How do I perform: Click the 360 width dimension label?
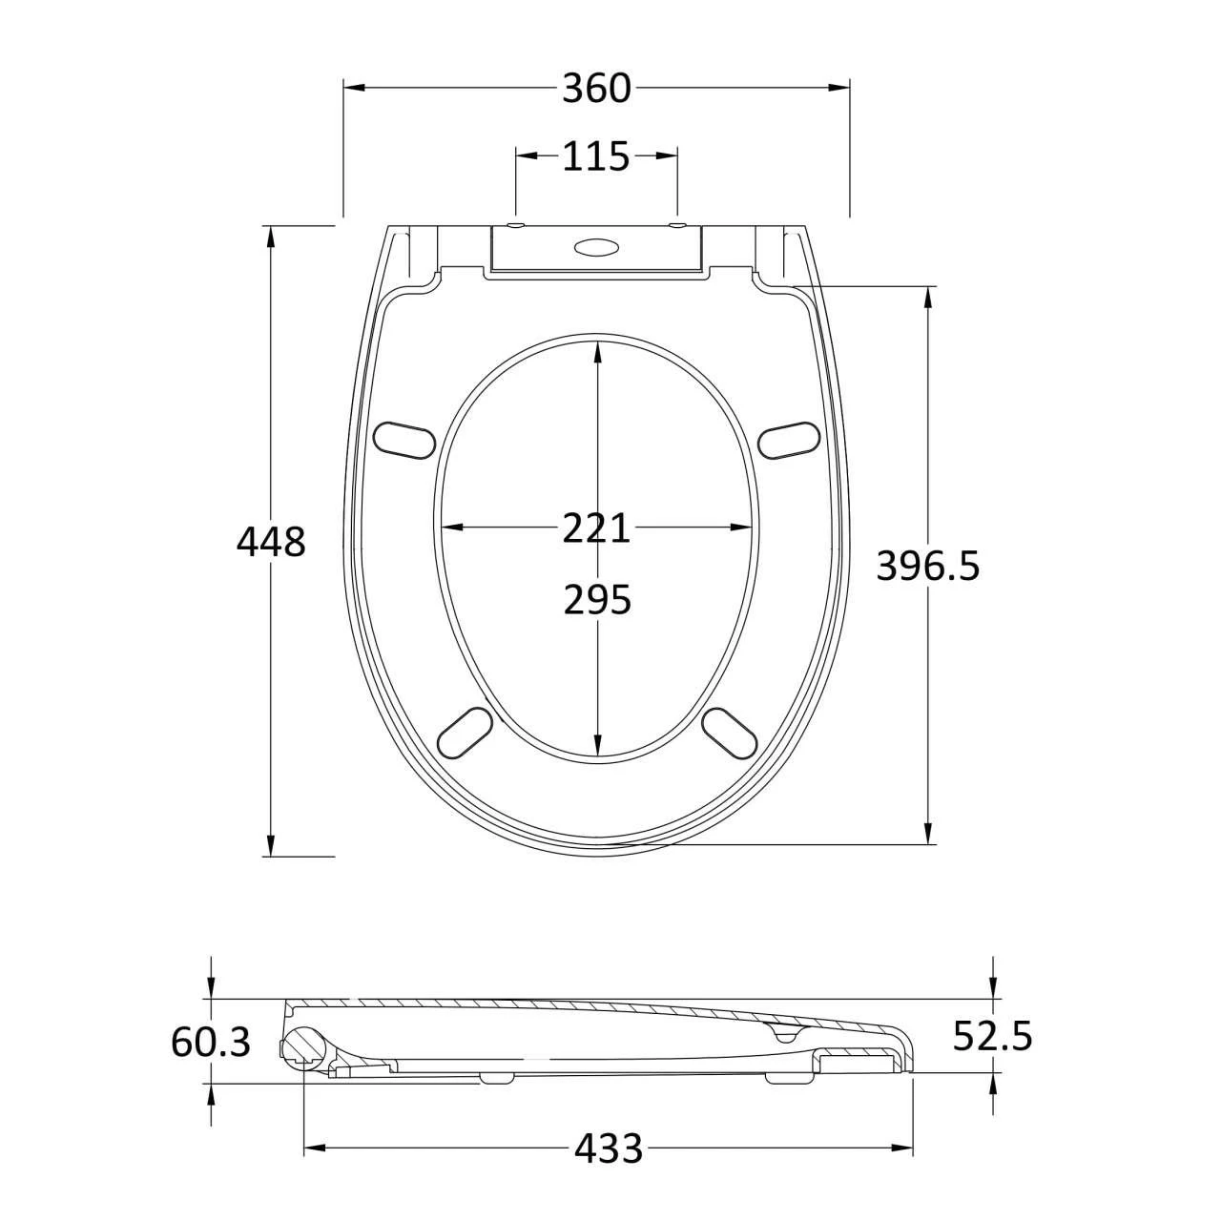click(596, 88)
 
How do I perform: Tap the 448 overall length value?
click(271, 542)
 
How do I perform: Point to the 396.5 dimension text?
click(927, 566)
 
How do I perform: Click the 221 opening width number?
click(596, 528)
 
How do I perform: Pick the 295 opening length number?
click(597, 599)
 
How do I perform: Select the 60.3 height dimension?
click(211, 1042)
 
